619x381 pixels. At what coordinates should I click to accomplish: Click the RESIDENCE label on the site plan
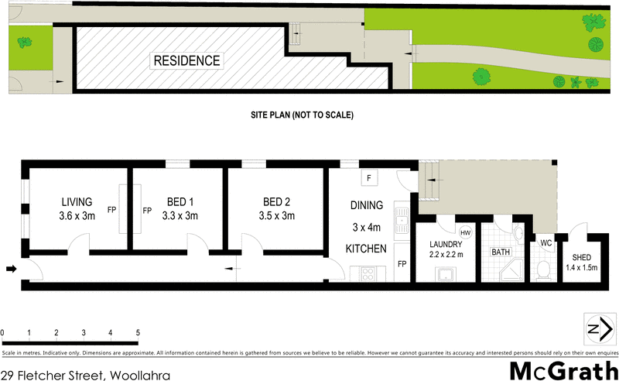point(186,60)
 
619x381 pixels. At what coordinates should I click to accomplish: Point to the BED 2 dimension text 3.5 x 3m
point(277,216)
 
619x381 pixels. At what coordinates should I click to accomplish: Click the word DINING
point(366,206)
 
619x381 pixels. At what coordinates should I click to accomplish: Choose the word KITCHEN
point(367,249)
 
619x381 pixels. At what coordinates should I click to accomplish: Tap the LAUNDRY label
point(446,245)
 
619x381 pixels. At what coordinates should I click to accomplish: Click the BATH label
point(501,252)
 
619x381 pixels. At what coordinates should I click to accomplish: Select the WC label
point(545,243)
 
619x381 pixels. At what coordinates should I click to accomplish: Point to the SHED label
point(582,258)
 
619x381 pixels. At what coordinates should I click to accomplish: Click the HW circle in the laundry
point(465,232)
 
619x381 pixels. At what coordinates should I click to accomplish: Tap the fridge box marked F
point(369,179)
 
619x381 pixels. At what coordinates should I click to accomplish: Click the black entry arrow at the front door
point(11,269)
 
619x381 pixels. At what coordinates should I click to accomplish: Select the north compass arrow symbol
point(594,329)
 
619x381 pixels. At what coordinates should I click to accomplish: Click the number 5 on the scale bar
point(138,333)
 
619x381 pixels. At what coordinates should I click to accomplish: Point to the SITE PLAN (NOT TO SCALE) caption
point(302,115)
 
